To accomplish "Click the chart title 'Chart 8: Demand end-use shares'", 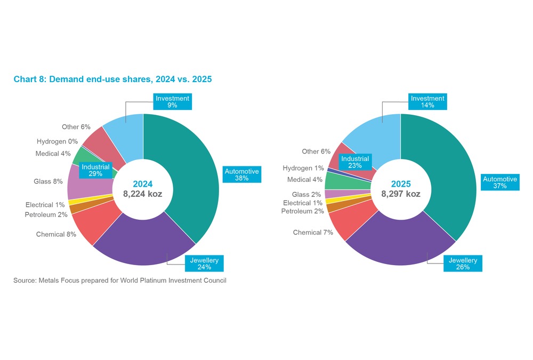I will [112, 79].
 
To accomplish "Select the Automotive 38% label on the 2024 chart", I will [241, 174].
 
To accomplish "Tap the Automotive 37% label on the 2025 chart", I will [499, 182].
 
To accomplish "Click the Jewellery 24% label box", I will [204, 263].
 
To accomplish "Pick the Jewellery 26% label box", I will [462, 263].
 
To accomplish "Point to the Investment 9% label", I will [172, 101].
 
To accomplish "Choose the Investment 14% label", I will [427, 101].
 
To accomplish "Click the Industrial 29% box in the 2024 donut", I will [95, 170].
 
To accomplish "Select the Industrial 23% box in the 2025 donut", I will [355, 162].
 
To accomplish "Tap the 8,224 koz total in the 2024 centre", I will [143, 194].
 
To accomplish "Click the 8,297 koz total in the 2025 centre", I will [400, 194].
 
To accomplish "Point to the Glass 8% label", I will [48, 181].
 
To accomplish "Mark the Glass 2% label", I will [306, 195].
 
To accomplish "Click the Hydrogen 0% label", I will [57, 141].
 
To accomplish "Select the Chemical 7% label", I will [313, 233].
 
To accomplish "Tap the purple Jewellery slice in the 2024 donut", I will [144, 243].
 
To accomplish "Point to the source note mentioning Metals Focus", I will [120, 281].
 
